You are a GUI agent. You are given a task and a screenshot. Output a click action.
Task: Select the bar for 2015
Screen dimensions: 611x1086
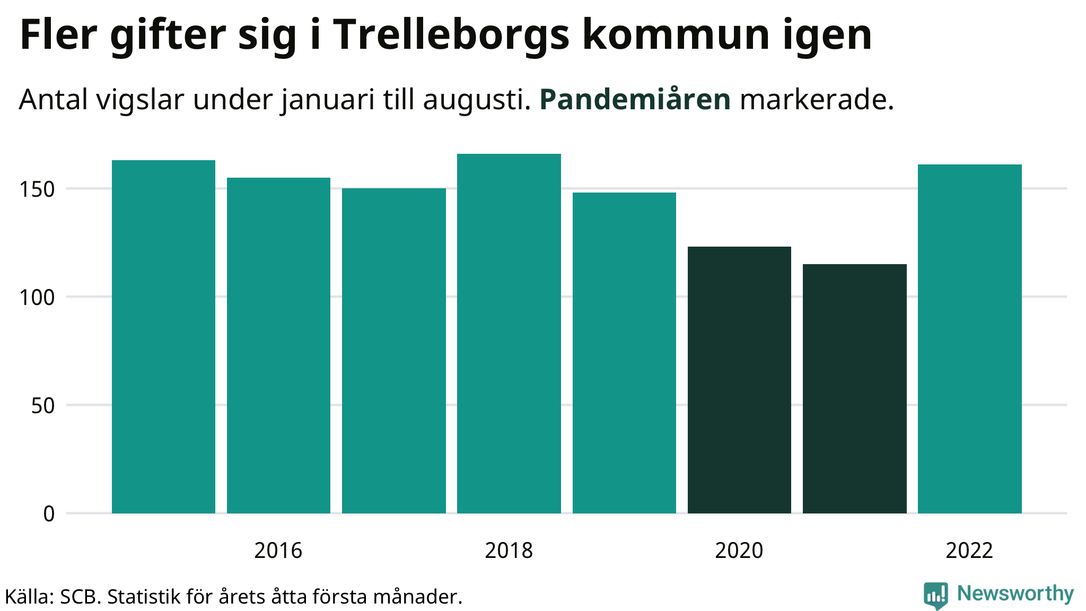(163, 337)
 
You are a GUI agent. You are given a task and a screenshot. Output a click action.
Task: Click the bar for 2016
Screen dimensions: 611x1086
(278, 345)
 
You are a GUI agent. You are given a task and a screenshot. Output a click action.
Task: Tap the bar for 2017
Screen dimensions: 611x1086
(393, 351)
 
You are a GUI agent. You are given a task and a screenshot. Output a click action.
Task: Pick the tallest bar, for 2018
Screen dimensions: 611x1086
(509, 334)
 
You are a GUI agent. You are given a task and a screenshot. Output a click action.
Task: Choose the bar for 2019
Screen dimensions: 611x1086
(624, 353)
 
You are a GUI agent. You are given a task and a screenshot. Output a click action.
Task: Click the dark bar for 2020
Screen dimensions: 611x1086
(739, 380)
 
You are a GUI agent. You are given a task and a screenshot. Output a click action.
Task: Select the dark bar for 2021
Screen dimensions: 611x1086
(854, 388)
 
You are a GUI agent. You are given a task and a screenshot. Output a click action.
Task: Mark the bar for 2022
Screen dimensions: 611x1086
(969, 339)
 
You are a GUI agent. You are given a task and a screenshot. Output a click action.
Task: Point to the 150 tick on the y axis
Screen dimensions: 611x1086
(37, 189)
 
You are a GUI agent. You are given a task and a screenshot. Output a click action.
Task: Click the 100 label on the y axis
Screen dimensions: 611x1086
(37, 298)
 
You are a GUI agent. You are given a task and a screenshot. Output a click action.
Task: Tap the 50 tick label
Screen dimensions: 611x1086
(42, 406)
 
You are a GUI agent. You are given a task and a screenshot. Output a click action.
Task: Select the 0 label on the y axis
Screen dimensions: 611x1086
(49, 514)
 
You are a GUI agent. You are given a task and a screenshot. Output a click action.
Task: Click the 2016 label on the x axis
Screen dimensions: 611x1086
(278, 551)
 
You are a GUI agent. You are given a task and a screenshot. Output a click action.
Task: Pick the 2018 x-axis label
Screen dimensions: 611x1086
(509, 551)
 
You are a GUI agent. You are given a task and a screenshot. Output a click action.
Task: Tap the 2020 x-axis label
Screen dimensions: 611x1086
(739, 551)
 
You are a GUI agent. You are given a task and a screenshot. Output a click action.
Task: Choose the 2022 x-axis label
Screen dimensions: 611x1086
(969, 551)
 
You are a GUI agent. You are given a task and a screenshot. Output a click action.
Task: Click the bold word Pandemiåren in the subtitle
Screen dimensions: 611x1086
(635, 99)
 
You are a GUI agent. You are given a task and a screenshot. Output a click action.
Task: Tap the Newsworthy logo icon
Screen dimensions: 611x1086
(935, 595)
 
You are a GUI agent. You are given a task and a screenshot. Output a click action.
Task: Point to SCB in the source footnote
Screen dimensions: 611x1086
(79, 597)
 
